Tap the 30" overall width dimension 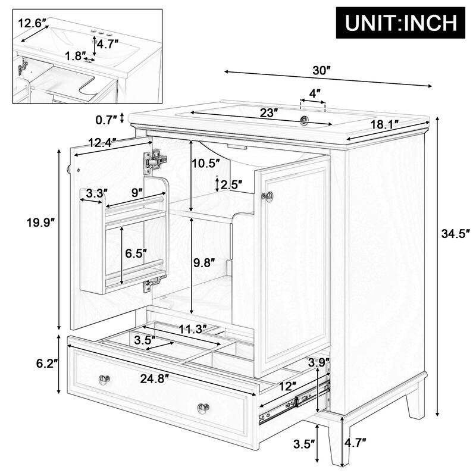[322, 70]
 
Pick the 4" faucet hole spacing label [314, 93]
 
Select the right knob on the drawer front [203, 408]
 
